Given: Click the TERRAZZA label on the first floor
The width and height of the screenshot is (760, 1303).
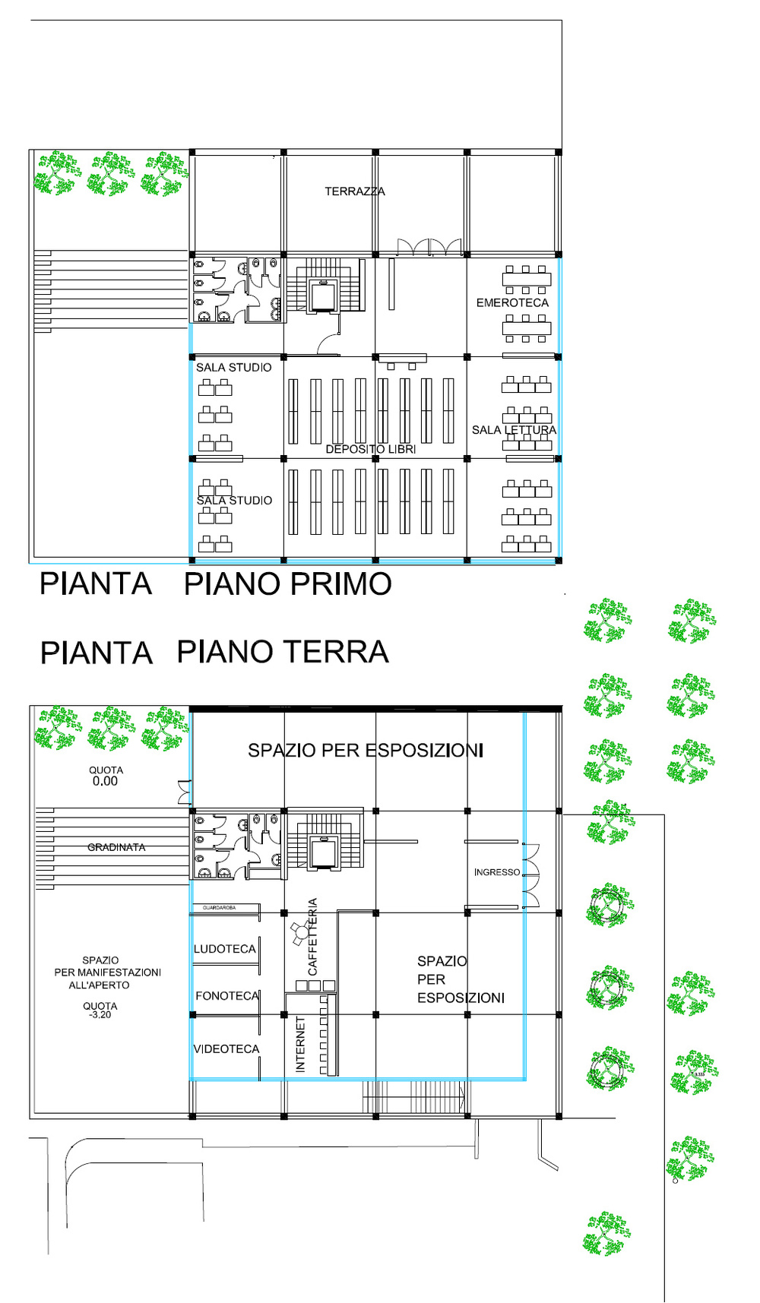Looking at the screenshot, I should click(355, 191).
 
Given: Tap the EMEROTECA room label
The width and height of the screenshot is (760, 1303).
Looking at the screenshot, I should click(512, 302).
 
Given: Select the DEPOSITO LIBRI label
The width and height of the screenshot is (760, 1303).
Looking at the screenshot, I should click(371, 449).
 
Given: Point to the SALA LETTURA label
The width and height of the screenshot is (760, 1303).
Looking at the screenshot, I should click(514, 430).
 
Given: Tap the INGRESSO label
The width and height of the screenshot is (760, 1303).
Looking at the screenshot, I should click(497, 872).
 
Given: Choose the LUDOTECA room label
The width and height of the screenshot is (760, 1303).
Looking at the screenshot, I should click(225, 949).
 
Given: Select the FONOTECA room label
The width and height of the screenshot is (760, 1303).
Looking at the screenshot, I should click(227, 995).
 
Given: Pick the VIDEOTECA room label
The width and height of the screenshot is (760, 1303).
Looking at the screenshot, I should click(226, 1049).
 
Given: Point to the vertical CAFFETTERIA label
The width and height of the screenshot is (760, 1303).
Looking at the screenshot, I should click(312, 938).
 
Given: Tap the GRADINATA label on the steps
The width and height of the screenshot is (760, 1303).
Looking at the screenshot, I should click(116, 847).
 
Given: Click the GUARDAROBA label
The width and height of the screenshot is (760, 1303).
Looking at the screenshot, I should click(219, 908).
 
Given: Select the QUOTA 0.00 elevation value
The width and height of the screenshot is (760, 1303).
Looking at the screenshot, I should click(105, 781).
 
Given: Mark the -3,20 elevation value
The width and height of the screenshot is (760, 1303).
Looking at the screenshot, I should click(100, 1015).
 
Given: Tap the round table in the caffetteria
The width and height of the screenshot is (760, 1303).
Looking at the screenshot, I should click(302, 932).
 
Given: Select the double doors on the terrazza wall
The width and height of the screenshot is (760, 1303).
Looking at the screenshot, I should click(429, 248).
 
